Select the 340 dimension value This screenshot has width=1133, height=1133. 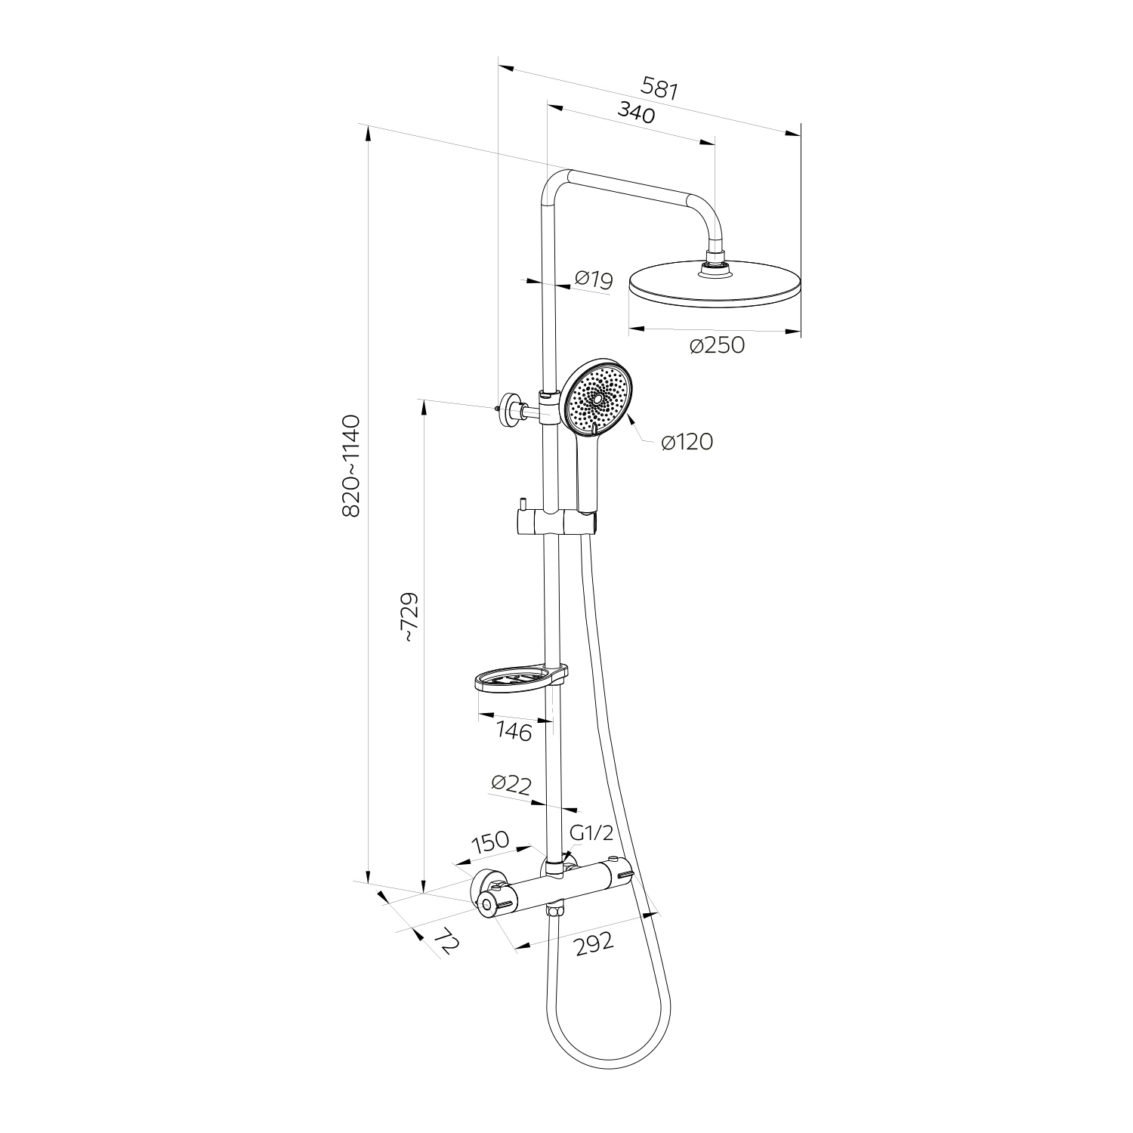(x=636, y=112)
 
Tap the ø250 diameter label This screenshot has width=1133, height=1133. (x=717, y=346)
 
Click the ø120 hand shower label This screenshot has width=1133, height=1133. (x=687, y=442)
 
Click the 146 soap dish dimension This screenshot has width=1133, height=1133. (x=514, y=731)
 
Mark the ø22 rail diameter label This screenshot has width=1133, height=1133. (x=511, y=784)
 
